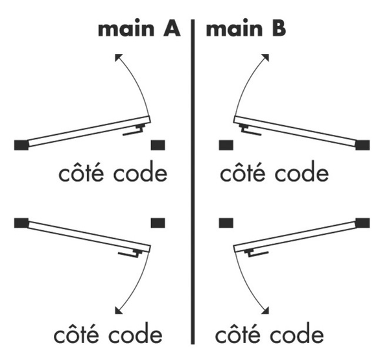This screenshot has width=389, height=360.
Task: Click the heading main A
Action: click(139, 30)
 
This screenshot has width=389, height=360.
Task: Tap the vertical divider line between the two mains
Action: click(193, 182)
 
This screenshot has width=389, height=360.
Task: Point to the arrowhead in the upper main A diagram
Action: click(118, 58)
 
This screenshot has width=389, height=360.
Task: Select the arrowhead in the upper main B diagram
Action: click(266, 58)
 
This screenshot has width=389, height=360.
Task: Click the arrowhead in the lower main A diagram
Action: click(117, 311)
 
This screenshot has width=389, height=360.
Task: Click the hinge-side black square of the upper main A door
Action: click(21, 144)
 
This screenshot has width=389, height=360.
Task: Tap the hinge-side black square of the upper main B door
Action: click(363, 144)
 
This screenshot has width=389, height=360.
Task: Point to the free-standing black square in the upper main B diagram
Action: click(226, 144)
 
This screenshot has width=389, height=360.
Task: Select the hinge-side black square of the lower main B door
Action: click(363, 222)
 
